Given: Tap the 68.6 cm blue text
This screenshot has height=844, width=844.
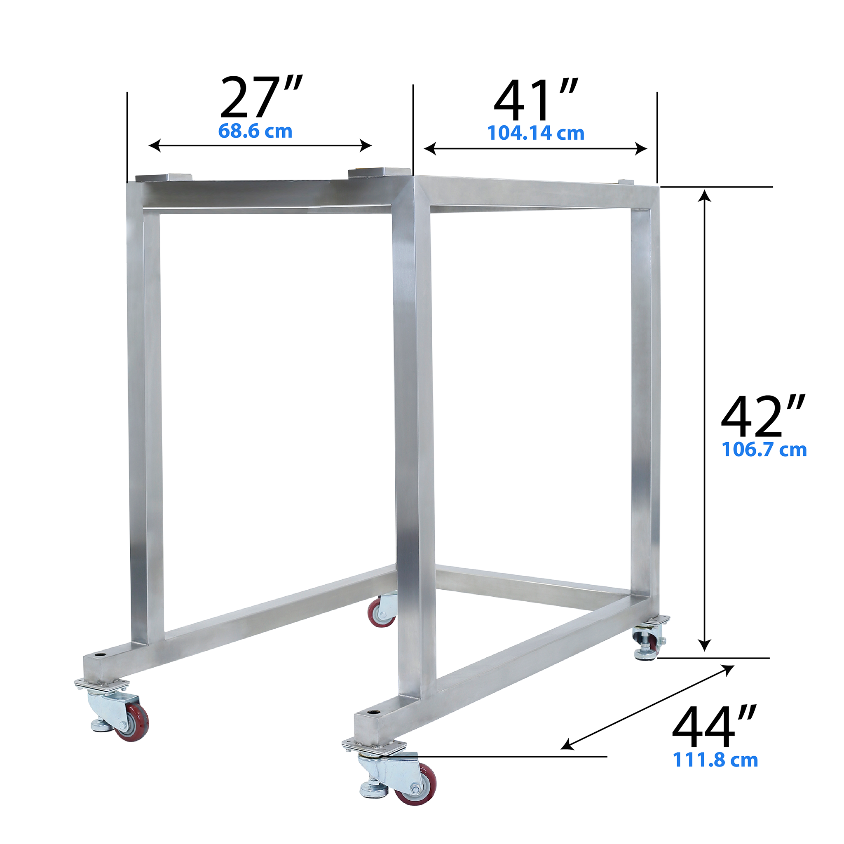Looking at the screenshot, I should click(x=255, y=131).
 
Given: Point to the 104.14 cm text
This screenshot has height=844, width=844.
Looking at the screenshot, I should click(x=536, y=133).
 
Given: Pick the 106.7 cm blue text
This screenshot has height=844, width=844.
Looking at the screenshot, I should click(x=764, y=450).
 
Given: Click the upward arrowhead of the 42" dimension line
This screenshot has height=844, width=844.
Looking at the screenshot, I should click(x=704, y=195).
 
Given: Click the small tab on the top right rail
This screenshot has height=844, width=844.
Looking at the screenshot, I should click(x=624, y=181).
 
